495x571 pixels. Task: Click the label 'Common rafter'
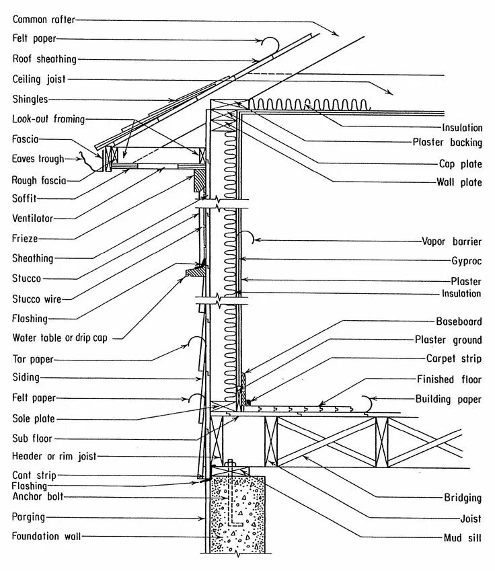44,20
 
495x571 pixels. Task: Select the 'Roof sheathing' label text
44,59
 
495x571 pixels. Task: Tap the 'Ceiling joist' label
39,79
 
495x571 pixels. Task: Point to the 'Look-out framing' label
48,119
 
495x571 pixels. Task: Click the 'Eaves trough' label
38,159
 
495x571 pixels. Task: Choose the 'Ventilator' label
32,219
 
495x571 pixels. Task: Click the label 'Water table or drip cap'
60,338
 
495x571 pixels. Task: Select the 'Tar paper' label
32,358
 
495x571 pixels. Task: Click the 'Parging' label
28,517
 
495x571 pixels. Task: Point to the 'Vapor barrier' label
452,241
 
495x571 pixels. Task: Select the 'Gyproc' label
466,260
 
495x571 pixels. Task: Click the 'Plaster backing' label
447,143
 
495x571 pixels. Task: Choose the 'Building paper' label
449,399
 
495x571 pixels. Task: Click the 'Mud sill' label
462,538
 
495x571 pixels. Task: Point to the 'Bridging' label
463,498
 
